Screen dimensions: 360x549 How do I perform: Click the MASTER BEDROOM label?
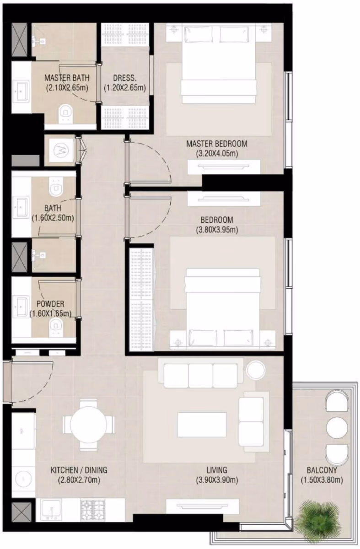(x=217, y=144)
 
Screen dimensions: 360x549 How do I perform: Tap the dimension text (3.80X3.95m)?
(x=217, y=230)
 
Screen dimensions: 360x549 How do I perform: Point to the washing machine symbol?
(x=61, y=150)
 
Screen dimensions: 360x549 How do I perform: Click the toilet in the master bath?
(x=66, y=113)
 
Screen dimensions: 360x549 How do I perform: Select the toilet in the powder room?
(x=56, y=328)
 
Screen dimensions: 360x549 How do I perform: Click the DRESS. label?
(x=124, y=78)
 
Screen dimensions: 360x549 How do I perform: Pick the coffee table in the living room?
(x=202, y=425)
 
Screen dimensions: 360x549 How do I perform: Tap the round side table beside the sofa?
(x=256, y=370)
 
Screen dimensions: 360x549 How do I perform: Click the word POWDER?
(x=50, y=304)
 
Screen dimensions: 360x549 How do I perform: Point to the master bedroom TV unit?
(x=224, y=167)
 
